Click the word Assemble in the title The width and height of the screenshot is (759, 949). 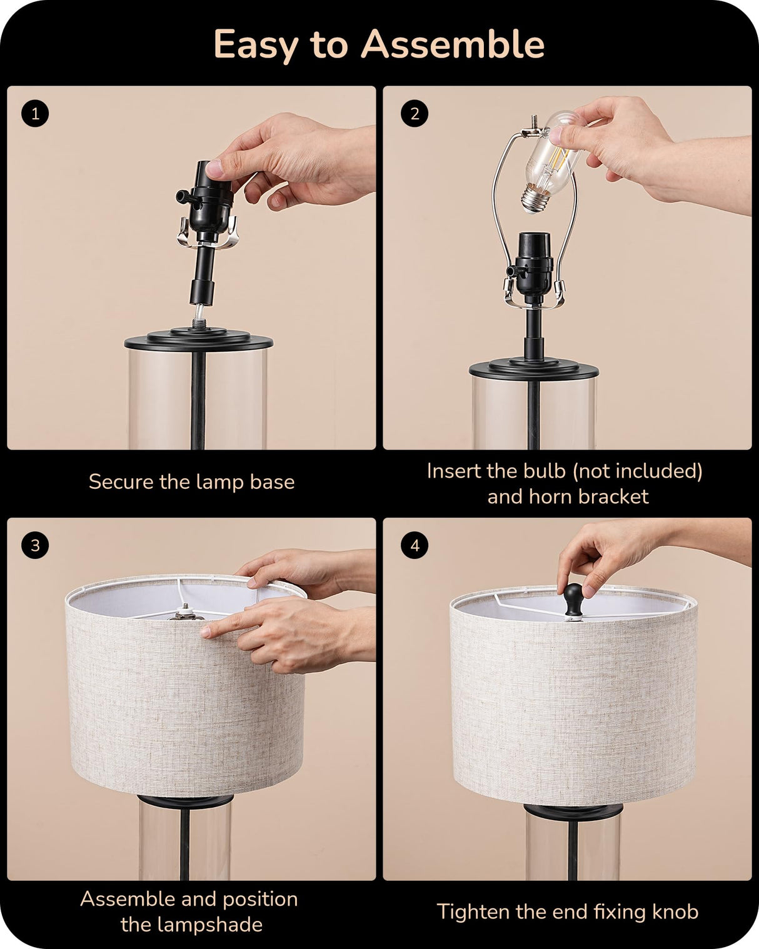(x=453, y=45)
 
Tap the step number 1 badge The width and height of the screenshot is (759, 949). (x=34, y=114)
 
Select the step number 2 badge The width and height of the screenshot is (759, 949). (x=415, y=114)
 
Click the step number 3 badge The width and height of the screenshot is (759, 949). (x=34, y=545)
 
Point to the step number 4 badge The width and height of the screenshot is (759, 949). (x=415, y=545)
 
